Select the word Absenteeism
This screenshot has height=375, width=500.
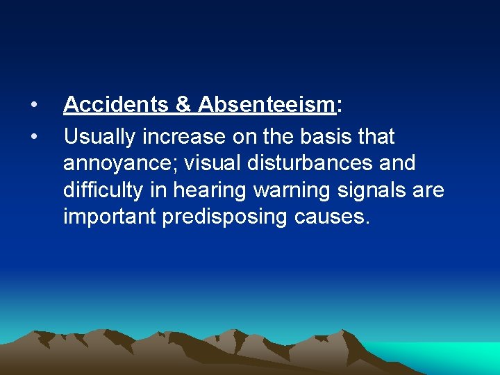pyautogui.click(x=267, y=105)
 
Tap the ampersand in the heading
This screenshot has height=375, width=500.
pyautogui.click(x=183, y=105)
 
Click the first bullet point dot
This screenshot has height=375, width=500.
pyautogui.click(x=33, y=106)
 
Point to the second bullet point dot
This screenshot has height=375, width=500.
pyautogui.click(x=33, y=137)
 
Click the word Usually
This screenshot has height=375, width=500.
pyautogui.click(x=99, y=137)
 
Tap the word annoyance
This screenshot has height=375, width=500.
pyautogui.click(x=118, y=164)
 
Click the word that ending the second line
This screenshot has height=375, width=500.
pyautogui.click(x=375, y=137)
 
